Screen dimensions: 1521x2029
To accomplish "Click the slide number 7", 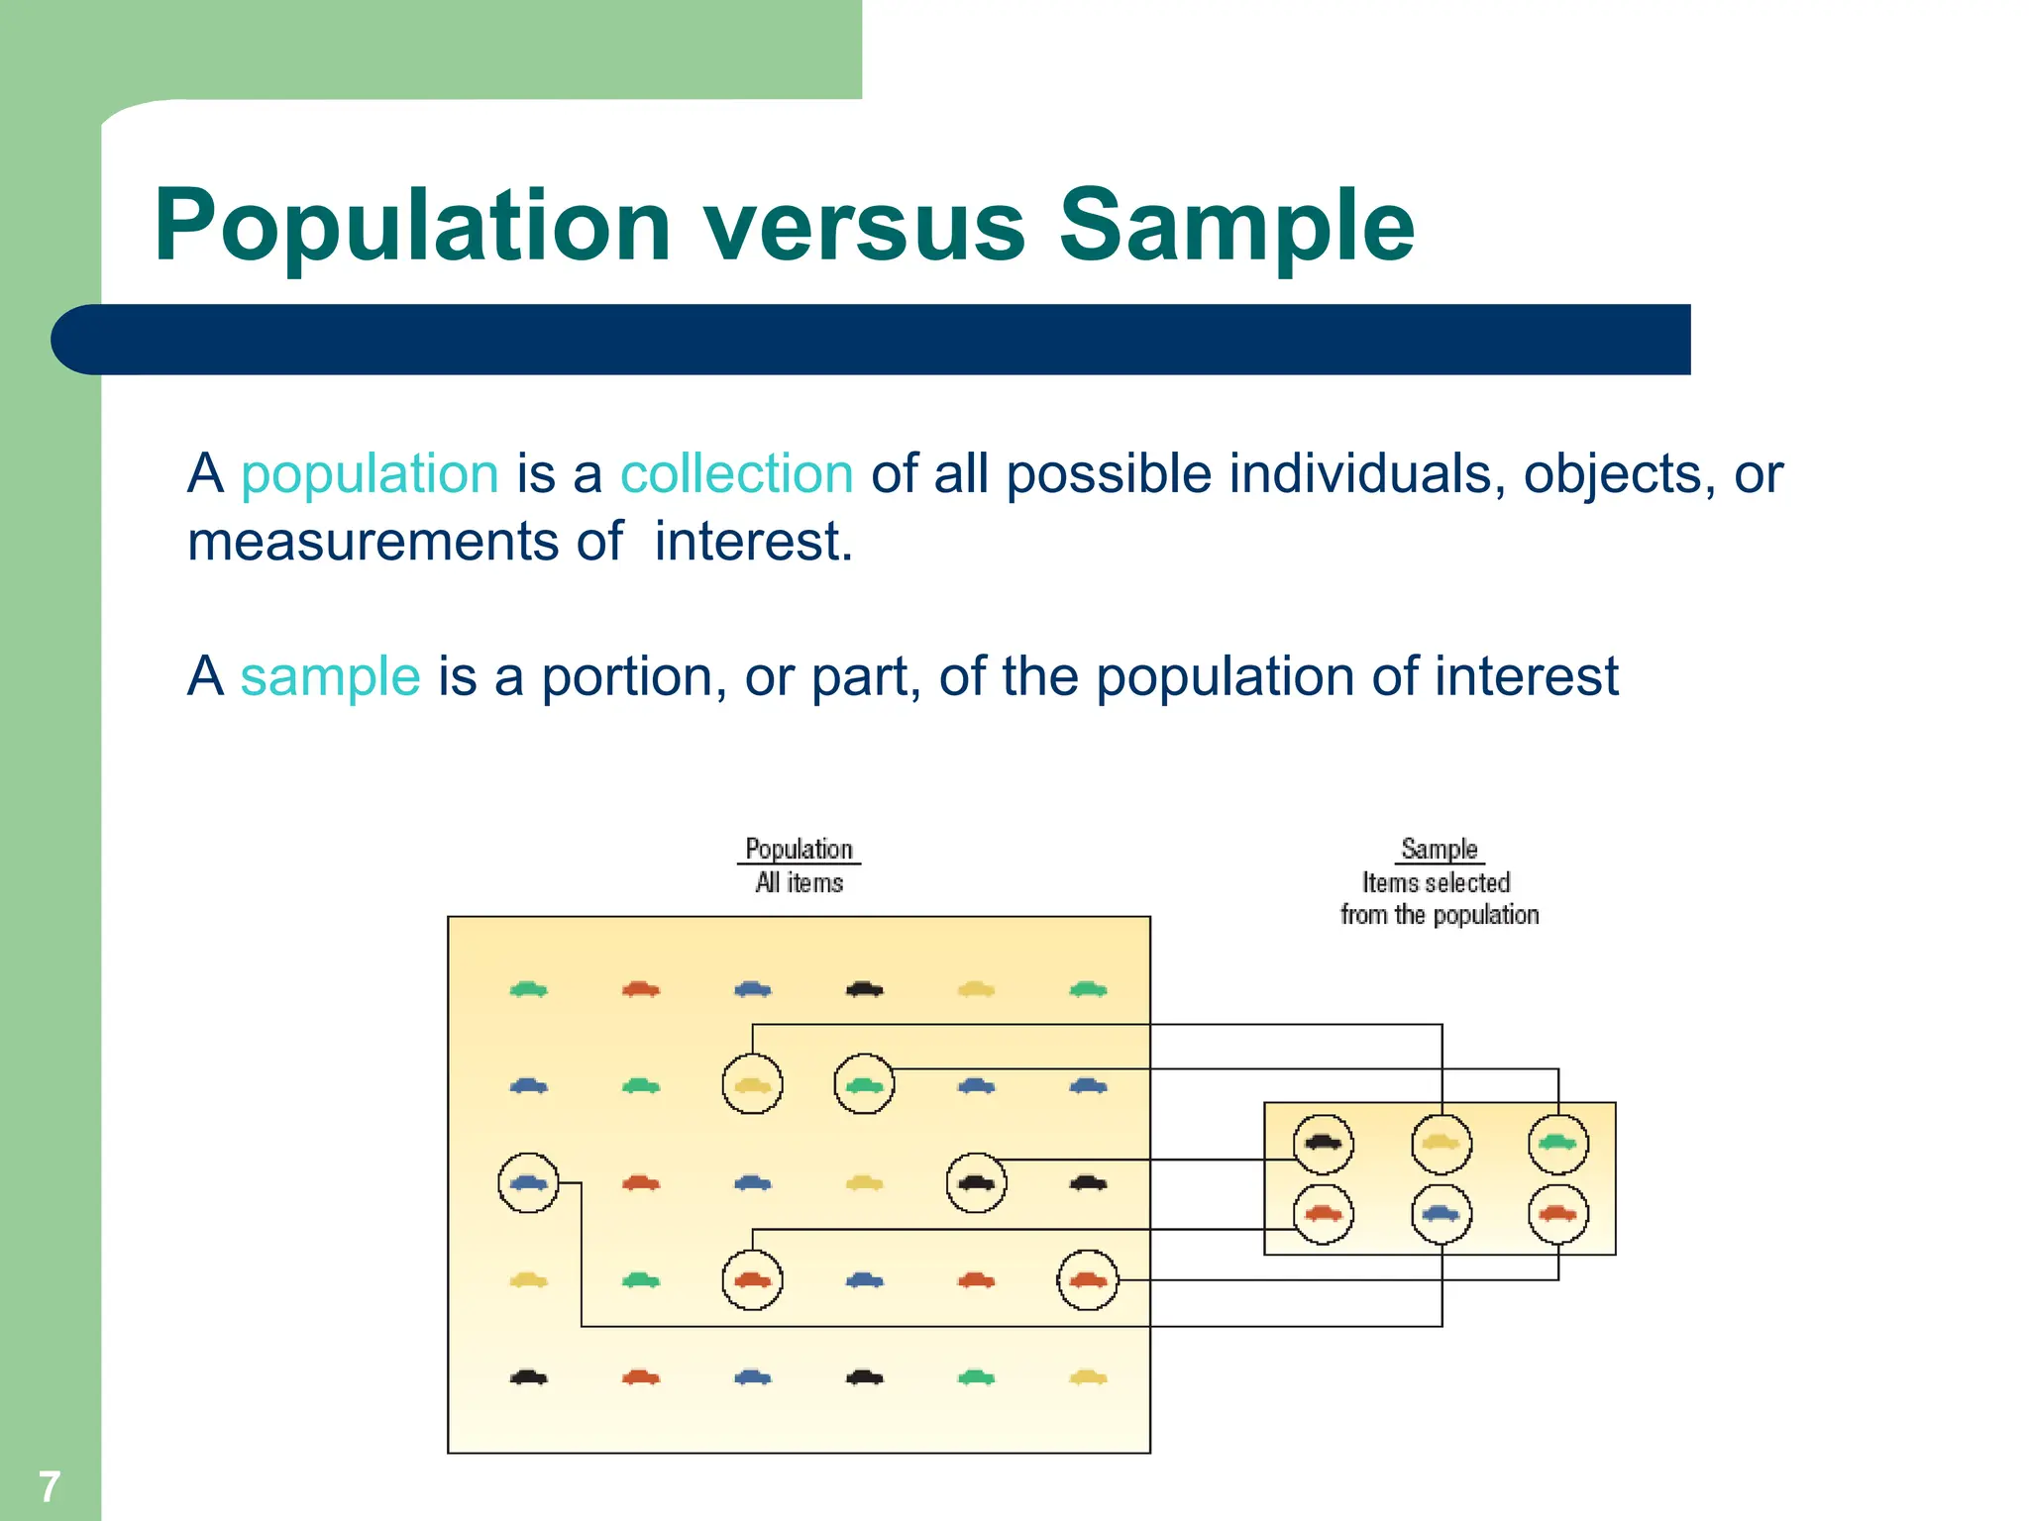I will click(x=49, y=1486).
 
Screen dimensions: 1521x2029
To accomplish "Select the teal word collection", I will click(x=736, y=473).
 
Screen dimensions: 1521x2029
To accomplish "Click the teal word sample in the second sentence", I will click(x=330, y=676).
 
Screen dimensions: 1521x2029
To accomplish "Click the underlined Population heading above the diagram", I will click(x=799, y=850).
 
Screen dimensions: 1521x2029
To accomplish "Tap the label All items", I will click(x=799, y=882).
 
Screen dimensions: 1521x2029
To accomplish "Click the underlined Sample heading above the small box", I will click(x=1439, y=850).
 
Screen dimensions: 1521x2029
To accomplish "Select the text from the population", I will click(x=1439, y=915).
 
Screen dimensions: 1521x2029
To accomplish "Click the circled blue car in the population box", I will click(x=528, y=1182).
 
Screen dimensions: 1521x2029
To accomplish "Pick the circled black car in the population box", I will click(x=976, y=1182).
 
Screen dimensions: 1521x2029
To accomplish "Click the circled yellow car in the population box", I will click(x=752, y=1085).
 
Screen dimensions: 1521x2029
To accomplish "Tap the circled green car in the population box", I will click(x=864, y=1085).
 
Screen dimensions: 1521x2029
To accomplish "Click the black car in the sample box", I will click(x=1324, y=1143).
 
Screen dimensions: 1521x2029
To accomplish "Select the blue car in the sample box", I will click(x=1441, y=1214).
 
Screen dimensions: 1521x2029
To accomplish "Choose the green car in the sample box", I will click(x=1557, y=1143).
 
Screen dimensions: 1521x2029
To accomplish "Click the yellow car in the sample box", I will click(x=1441, y=1143).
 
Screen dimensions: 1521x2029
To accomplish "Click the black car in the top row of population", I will click(x=864, y=988).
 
